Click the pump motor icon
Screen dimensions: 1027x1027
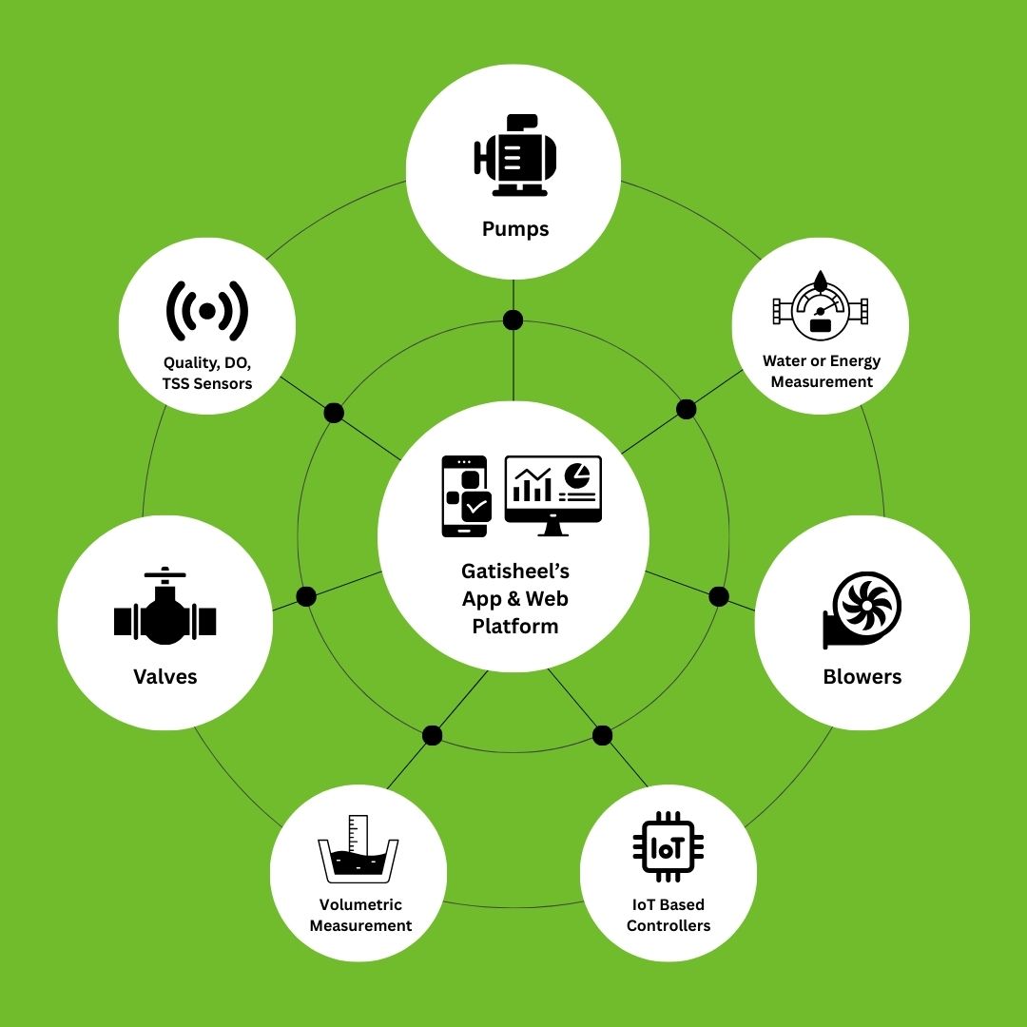tap(514, 155)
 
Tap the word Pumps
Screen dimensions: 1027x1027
tap(515, 229)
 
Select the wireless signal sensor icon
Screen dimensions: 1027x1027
tap(207, 311)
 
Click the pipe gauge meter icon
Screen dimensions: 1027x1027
tap(820, 305)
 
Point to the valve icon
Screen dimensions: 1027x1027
tap(165, 606)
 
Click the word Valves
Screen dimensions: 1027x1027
tap(165, 676)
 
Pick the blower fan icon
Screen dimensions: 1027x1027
tap(862, 610)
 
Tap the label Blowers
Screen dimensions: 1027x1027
tap(862, 676)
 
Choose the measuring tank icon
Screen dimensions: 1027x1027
tap(358, 849)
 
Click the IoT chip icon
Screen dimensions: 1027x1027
tap(669, 847)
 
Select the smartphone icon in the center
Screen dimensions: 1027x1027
tap(466, 495)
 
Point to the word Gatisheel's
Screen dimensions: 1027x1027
tap(515, 572)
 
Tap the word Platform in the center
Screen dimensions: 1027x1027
tap(515, 626)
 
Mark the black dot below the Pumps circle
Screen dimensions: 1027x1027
tap(513, 320)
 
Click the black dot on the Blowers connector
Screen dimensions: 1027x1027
tap(719, 596)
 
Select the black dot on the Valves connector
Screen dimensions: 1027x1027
tap(306, 596)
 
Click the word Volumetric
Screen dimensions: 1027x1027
tap(360, 904)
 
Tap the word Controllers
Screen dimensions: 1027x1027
tap(669, 925)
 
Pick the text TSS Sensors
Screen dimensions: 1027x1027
tap(207, 384)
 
